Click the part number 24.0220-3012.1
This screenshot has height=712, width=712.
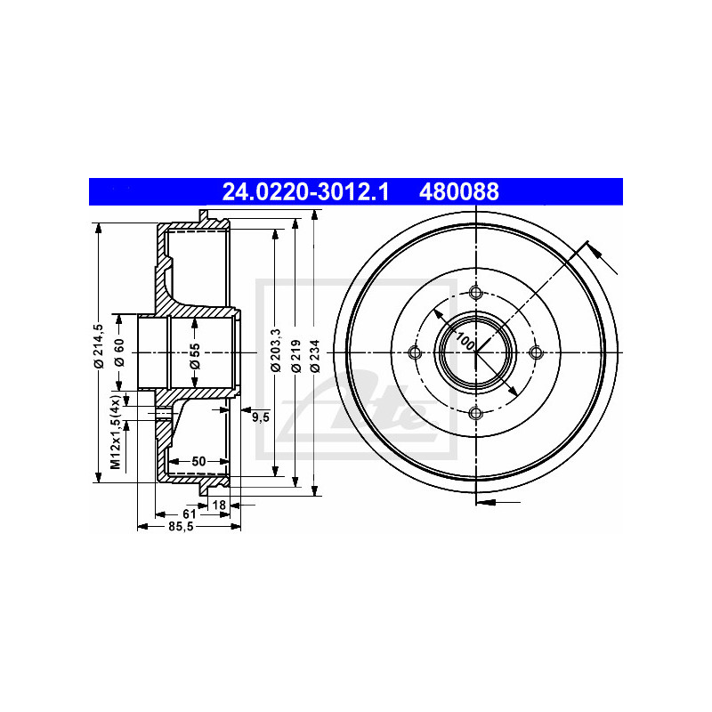tap(305, 191)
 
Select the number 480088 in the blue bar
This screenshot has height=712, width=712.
tap(459, 191)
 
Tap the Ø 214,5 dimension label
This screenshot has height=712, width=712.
tap(99, 346)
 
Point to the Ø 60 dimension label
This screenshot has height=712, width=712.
tap(119, 352)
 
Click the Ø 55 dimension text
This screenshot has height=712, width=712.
tap(195, 357)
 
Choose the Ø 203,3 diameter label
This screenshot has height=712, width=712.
tap(276, 351)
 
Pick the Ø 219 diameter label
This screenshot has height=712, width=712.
tap(296, 356)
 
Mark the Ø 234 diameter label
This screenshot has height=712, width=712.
tap(316, 356)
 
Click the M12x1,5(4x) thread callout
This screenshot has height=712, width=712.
tap(116, 432)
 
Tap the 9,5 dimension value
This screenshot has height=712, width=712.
tap(261, 417)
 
